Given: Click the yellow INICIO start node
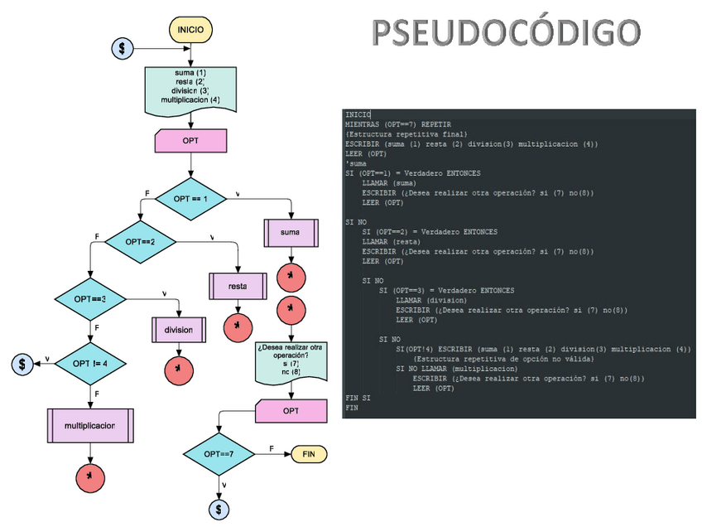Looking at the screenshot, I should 191,30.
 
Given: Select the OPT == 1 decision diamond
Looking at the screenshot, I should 190,200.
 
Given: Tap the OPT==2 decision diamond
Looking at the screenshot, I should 140,242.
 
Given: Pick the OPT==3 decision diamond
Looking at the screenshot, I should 90,298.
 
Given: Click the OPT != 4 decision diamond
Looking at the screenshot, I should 91,364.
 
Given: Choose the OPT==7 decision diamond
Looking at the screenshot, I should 219,455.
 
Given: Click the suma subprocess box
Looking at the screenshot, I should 291,233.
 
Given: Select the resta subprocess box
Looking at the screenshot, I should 238,287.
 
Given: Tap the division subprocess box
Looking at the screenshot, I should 179,330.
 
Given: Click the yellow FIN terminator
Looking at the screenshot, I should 309,455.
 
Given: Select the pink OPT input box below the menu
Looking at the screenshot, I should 190,140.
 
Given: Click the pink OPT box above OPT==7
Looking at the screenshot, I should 291,410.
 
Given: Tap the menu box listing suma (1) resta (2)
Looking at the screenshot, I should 191,88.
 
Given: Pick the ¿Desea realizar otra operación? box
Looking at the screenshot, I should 291,360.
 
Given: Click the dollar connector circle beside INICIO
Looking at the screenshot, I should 123,49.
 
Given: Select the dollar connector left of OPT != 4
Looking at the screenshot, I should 22,364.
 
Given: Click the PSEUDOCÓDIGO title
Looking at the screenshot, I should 506,33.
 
